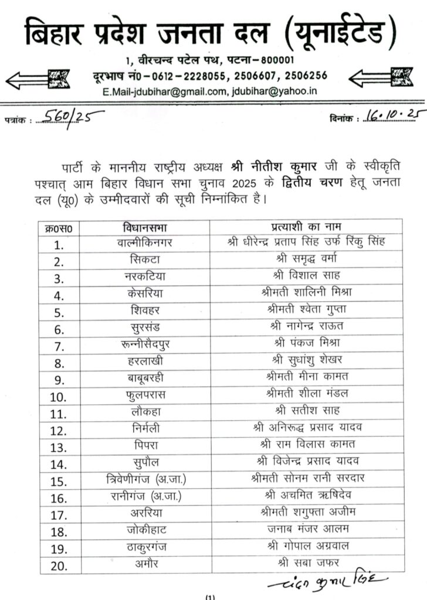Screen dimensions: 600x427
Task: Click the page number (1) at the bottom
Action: point(212,597)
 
